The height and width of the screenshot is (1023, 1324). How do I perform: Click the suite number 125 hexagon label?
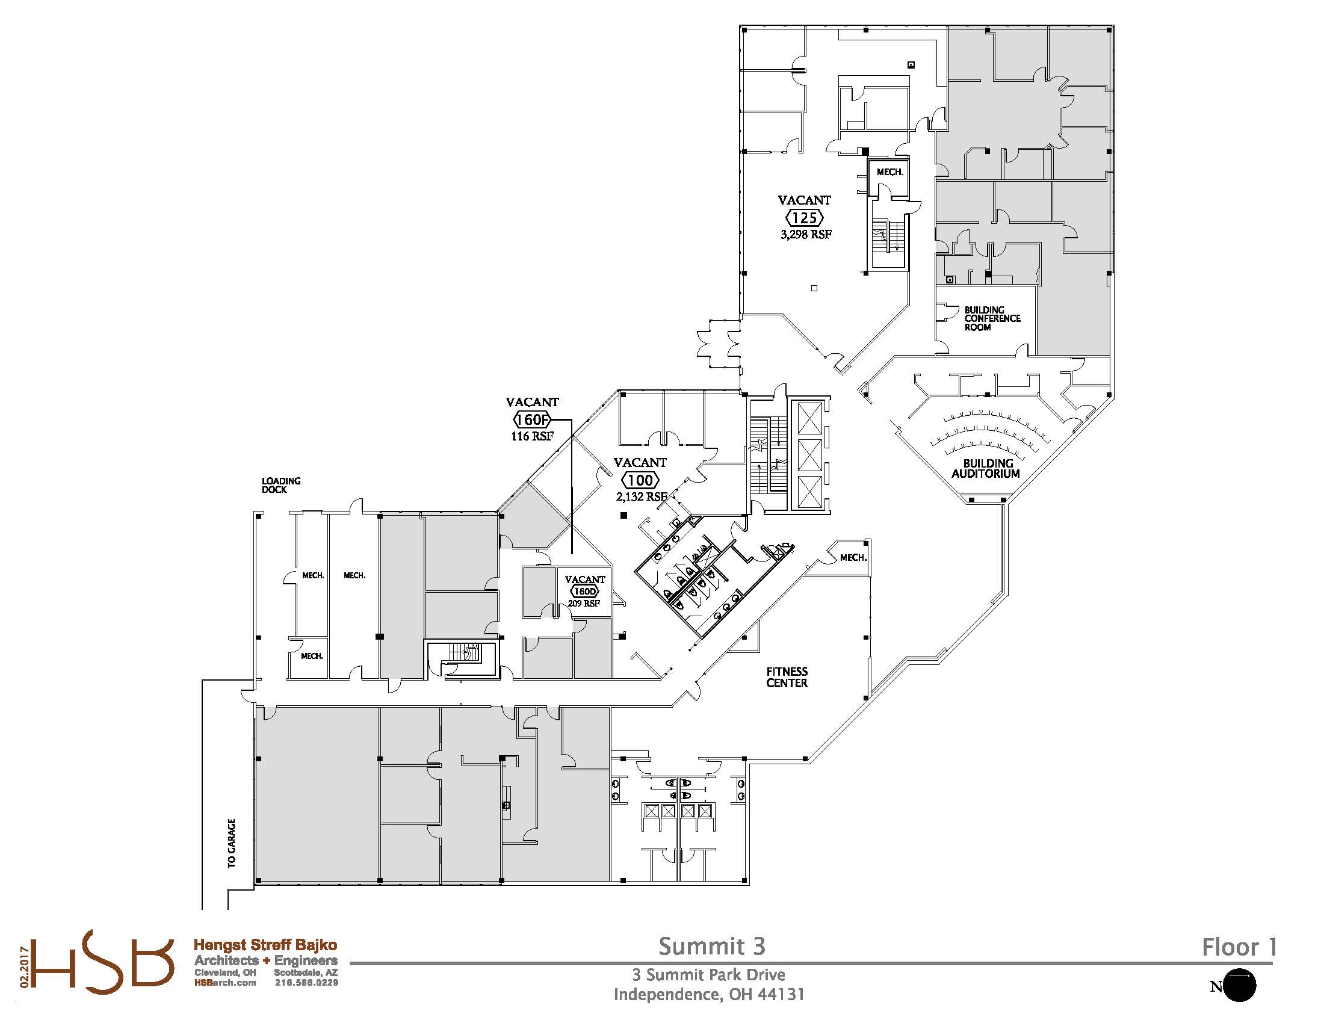pos(805,217)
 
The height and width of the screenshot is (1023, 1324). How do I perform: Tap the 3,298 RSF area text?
pos(806,234)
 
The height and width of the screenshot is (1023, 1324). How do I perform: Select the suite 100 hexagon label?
pos(641,480)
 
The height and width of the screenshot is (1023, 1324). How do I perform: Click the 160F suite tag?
pos(531,419)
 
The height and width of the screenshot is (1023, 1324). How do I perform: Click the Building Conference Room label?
pos(992,319)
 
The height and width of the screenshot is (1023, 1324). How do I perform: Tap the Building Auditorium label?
pos(985,468)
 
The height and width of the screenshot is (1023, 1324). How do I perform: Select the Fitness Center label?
pos(787,677)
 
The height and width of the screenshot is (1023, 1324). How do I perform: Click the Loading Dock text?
pos(280,485)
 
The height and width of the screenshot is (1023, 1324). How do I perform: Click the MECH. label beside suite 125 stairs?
pos(889,172)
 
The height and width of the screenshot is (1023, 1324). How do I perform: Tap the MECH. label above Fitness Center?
pos(852,558)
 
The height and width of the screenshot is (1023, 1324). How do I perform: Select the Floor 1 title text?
pos(1240,947)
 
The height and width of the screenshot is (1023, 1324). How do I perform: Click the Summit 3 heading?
pos(712,946)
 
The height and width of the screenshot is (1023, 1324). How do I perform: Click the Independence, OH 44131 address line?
pos(709,995)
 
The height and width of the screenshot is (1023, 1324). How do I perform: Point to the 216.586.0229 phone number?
pos(306,983)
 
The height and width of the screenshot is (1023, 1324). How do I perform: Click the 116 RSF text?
pos(531,436)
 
